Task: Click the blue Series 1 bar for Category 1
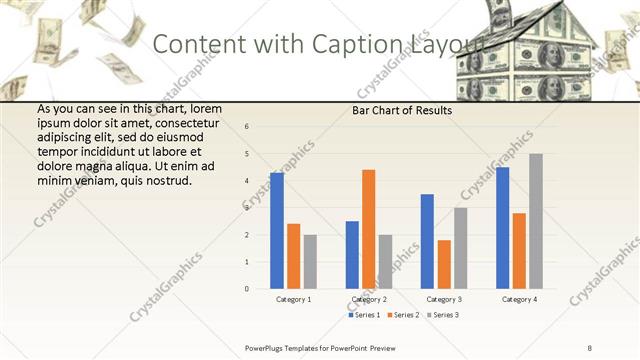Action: point(277,231)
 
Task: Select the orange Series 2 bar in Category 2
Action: point(368,229)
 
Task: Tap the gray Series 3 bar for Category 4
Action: point(535,221)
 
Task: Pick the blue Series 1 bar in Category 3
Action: point(427,241)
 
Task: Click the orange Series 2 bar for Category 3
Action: point(443,264)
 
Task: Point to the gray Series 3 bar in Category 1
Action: point(310,262)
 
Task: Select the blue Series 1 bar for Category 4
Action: point(502,228)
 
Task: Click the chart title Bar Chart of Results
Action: point(401,111)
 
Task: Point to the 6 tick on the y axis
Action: point(247,127)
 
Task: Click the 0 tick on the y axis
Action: point(247,289)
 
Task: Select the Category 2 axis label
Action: point(368,299)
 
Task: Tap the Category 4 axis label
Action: point(518,299)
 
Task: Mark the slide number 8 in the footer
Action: point(590,347)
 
